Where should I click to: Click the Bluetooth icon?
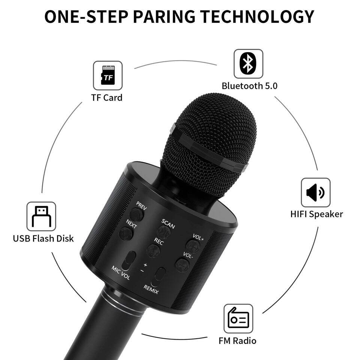coord(248,64)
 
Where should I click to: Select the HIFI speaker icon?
coord(316,193)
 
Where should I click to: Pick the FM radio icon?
coord(238,318)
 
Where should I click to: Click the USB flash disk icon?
coord(41,216)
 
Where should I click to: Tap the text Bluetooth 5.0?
coord(249,86)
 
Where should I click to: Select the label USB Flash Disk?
coord(43,238)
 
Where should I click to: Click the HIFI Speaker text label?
coord(316,214)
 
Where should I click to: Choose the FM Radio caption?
coord(237,341)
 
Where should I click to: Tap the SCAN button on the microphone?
coord(164,232)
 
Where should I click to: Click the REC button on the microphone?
coord(153,250)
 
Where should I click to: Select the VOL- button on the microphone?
coord(182,265)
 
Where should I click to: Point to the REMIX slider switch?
coord(160,276)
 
